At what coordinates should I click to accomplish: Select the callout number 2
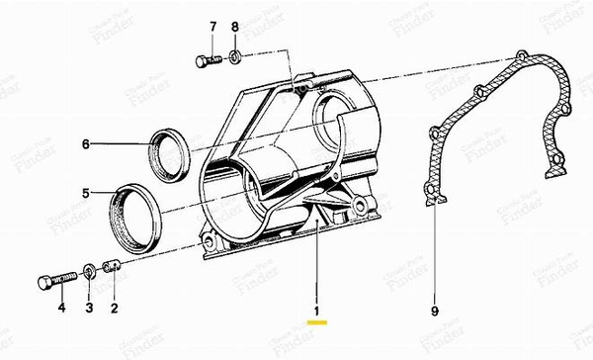[115, 310]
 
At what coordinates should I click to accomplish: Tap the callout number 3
[89, 310]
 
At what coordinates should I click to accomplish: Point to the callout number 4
[60, 310]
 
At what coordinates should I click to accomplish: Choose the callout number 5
[86, 194]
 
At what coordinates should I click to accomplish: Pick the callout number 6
[86, 144]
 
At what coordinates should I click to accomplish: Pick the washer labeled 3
[90, 268]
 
